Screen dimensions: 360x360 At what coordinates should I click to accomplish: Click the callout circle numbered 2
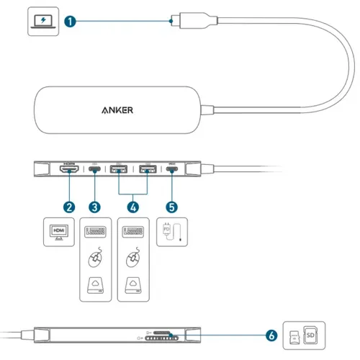point(69,206)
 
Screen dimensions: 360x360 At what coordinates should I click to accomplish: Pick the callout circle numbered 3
point(95,206)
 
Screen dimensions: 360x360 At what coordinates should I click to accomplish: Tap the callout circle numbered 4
point(133,206)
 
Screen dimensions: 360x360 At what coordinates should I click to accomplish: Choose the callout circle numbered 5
point(171,206)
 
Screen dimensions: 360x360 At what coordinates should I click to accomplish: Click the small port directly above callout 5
point(171,172)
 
